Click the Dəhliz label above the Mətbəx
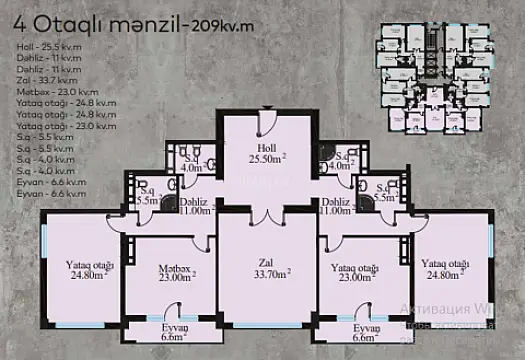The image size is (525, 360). tap(194, 207)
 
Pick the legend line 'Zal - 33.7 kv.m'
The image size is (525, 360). tap(45, 81)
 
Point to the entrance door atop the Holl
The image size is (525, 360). tap(264, 121)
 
